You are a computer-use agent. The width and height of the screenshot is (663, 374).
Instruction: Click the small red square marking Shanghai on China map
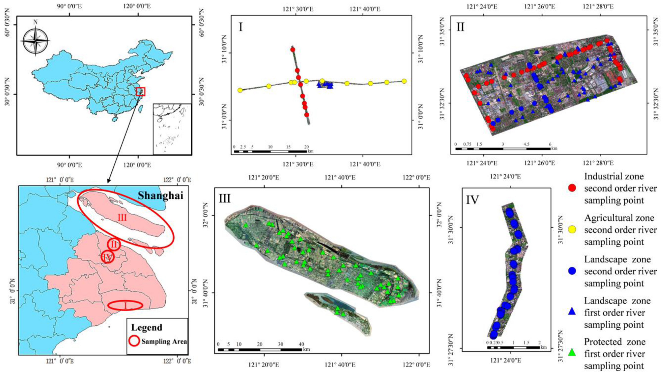141,92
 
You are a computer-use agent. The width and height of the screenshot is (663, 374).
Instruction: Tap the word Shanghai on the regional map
161,196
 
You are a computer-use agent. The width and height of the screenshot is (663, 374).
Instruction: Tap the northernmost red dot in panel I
293,50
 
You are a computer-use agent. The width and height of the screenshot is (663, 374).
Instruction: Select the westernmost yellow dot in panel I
240,90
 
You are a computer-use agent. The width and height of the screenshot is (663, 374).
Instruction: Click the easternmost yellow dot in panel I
404,81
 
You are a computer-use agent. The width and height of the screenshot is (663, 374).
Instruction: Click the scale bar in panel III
260,350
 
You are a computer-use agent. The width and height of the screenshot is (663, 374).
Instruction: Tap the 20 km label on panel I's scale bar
306,147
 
